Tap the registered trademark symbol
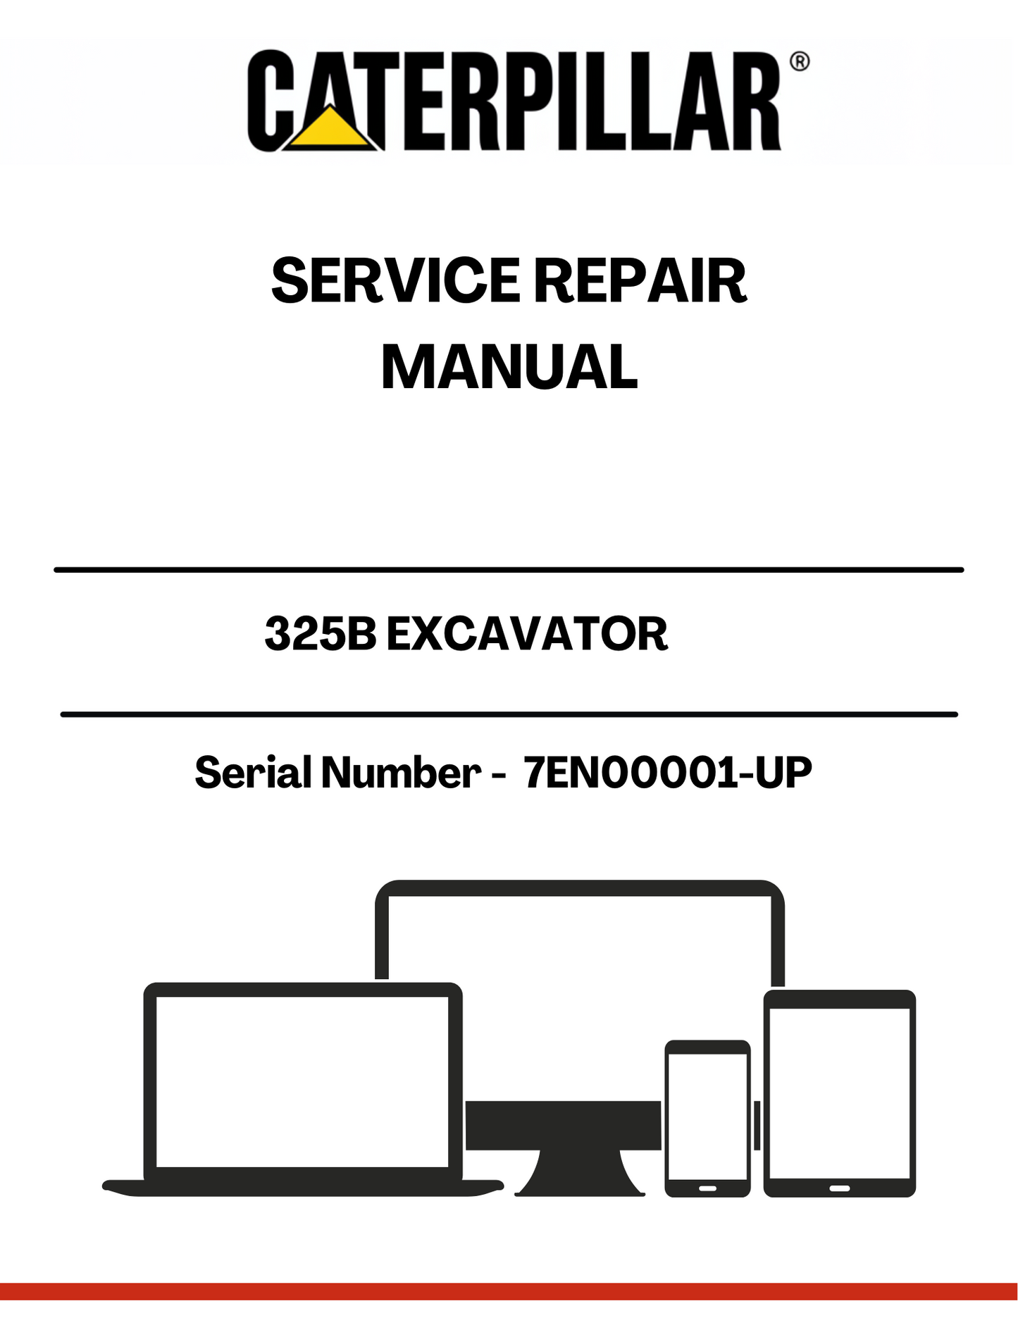800,61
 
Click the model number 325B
321,634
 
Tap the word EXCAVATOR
527,634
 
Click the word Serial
254,772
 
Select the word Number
401,772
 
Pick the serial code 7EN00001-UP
668,772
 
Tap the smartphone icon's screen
707,1117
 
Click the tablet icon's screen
839,1093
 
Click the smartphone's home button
707,1188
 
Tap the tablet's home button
839,1188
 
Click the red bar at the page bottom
509,1291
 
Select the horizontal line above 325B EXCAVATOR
509,569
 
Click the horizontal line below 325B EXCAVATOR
509,714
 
